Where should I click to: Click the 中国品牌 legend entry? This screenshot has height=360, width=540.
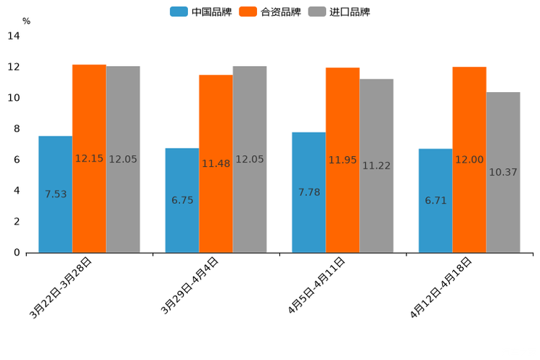pyautogui.click(x=201, y=12)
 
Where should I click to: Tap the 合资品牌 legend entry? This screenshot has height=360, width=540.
pyautogui.click(x=270, y=12)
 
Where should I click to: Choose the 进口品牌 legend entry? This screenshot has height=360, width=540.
pyautogui.click(x=339, y=12)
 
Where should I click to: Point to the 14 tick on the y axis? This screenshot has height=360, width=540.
pyautogui.click(x=13, y=36)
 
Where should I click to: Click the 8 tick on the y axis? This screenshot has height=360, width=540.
pyautogui.click(x=16, y=129)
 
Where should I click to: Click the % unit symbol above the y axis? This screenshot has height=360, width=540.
pyautogui.click(x=26, y=21)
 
